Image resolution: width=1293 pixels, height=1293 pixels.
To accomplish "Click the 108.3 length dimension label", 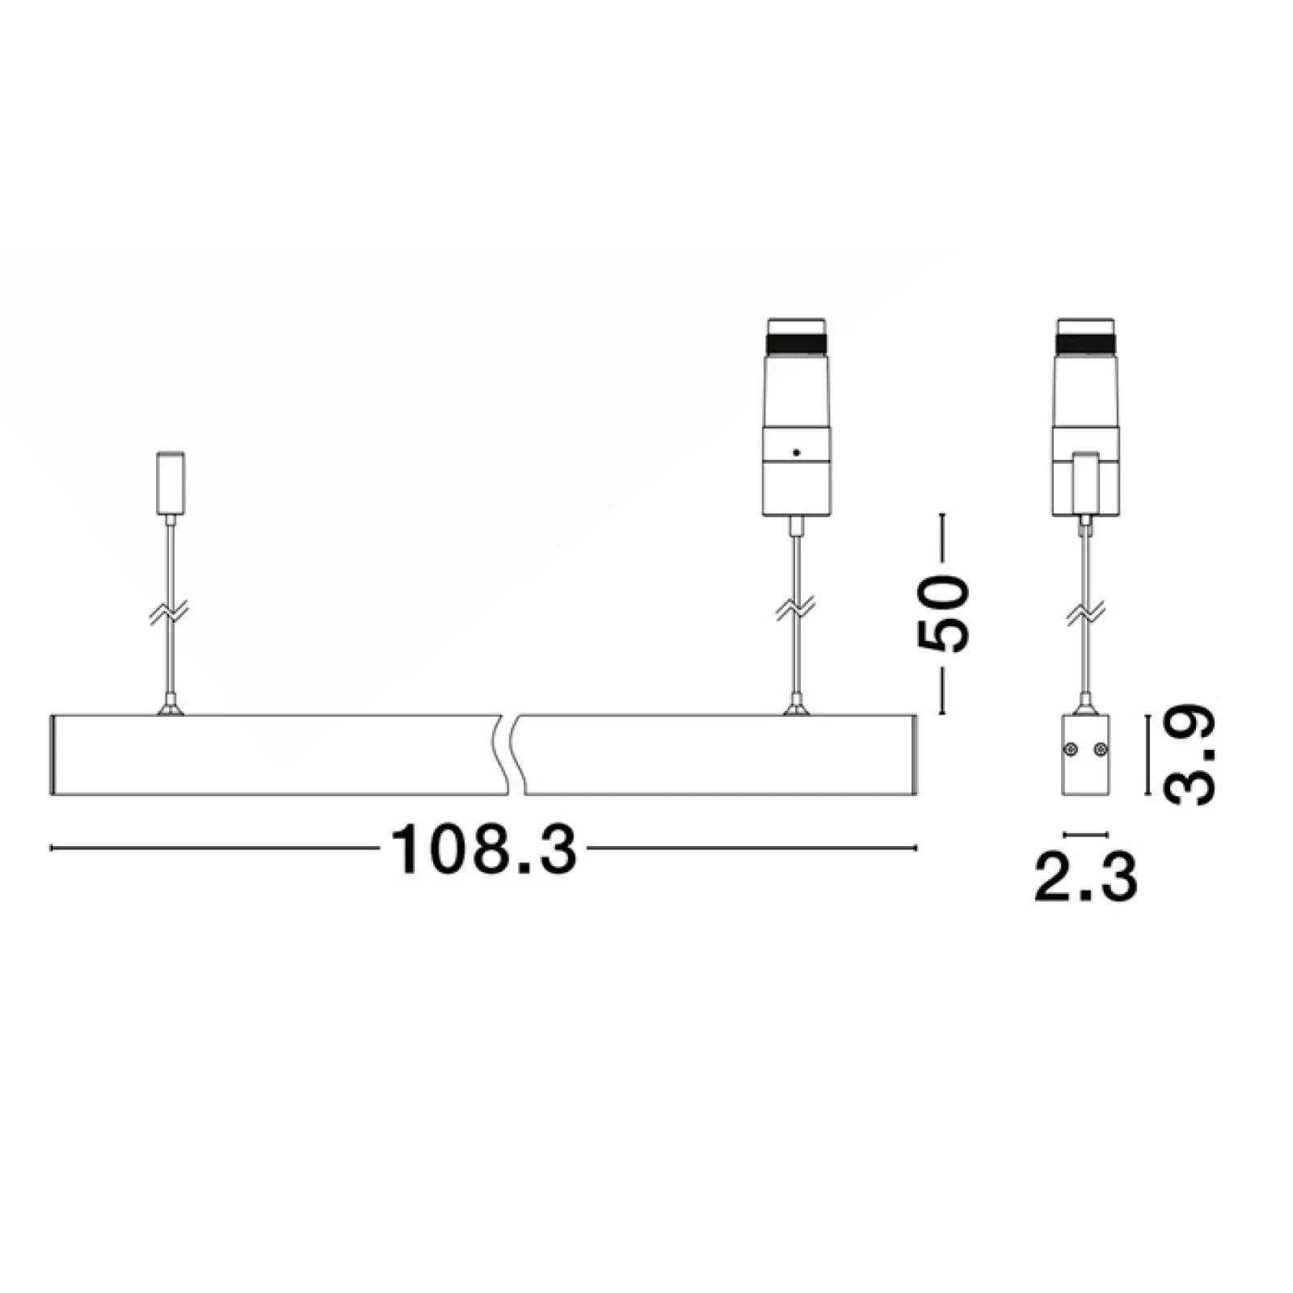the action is click(x=483, y=849).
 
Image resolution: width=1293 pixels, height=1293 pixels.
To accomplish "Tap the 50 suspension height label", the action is click(x=941, y=613).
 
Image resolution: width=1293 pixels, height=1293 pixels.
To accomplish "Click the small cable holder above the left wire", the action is click(x=170, y=482).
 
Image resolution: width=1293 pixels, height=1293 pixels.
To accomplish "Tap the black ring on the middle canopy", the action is click(x=797, y=343).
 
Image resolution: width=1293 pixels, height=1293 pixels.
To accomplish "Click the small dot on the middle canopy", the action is click(x=797, y=453).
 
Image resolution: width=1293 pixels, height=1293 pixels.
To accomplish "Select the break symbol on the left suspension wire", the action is click(x=170, y=613).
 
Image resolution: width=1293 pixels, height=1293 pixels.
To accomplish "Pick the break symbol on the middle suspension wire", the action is click(x=796, y=610).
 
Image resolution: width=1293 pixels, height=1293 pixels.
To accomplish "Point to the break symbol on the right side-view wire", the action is click(x=1085, y=613).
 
